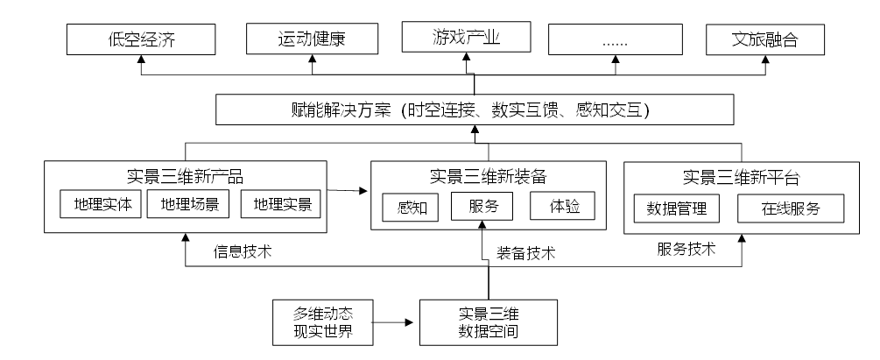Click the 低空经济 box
(x=141, y=39)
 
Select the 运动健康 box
(x=313, y=39)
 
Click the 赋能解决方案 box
(x=475, y=111)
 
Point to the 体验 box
(x=562, y=207)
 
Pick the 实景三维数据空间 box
(x=489, y=321)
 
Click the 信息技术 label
(x=243, y=252)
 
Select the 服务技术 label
(x=686, y=249)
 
